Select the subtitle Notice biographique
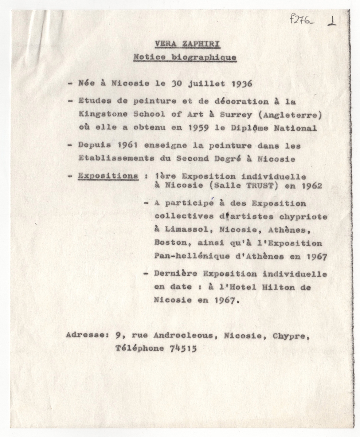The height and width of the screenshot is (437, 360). (184, 57)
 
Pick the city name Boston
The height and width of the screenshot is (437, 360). (167, 243)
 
